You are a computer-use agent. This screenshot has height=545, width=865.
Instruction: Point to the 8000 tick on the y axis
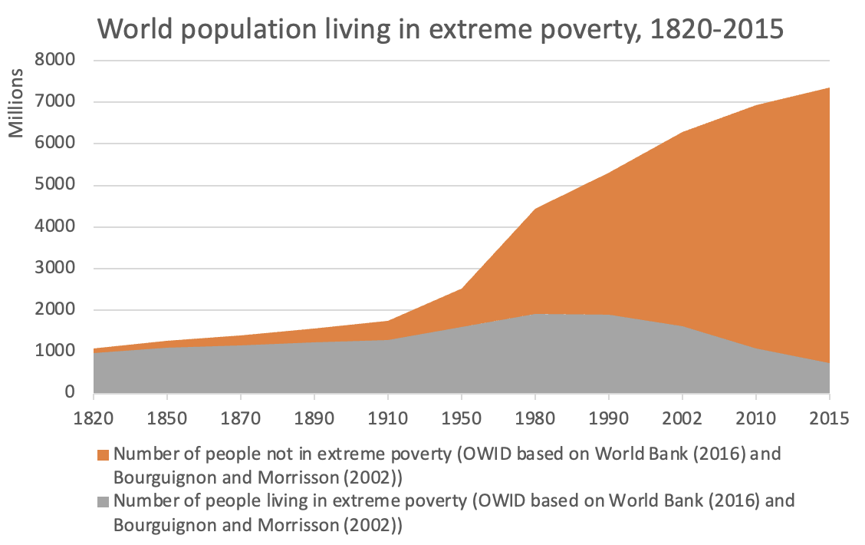(58, 60)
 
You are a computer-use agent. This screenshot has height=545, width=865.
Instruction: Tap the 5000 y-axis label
(58, 185)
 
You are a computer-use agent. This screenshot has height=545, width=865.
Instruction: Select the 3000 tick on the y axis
(58, 269)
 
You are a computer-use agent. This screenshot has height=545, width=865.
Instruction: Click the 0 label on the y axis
(70, 393)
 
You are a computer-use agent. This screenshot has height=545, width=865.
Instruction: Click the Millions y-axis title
(17, 104)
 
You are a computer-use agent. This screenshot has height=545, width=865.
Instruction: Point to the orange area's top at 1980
(534, 208)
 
